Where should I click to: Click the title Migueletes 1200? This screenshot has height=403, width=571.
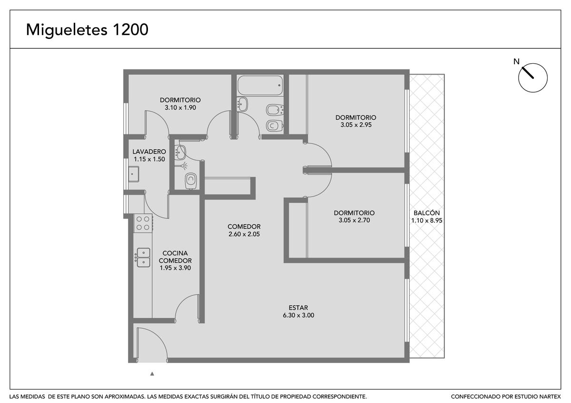(x=87, y=30)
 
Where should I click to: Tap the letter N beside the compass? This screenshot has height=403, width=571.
(x=516, y=62)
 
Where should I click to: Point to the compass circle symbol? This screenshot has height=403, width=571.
(x=533, y=77)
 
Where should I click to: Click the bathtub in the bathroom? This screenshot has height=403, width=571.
(x=260, y=85)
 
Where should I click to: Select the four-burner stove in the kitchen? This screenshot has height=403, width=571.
(x=143, y=223)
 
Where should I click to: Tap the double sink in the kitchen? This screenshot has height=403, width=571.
(x=143, y=258)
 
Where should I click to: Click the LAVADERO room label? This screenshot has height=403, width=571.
(x=149, y=152)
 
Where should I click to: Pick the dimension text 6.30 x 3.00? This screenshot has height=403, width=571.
(x=298, y=315)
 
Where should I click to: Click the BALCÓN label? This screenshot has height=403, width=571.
(x=426, y=213)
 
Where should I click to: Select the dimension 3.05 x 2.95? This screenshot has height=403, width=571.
(x=356, y=125)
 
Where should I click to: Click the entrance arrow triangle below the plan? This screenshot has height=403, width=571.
(x=152, y=374)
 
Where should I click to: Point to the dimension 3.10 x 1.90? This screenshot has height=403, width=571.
(x=180, y=107)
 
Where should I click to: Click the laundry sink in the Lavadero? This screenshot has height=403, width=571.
(x=133, y=174)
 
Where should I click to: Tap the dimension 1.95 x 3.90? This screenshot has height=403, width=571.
(x=175, y=268)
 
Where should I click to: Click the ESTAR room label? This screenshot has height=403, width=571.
(x=298, y=307)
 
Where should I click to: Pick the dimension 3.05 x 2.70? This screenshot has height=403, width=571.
(x=354, y=220)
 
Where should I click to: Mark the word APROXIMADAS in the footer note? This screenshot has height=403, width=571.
(x=125, y=397)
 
